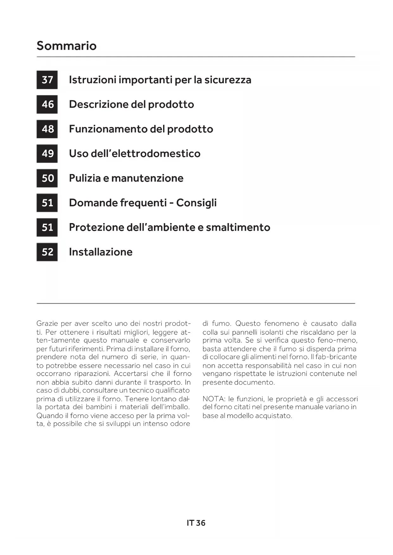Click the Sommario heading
(67, 46)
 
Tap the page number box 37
(47, 80)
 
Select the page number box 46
(47, 104)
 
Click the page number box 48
(47, 129)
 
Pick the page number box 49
(47, 153)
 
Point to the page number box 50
(47, 178)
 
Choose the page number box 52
(47, 252)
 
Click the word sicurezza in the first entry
(228, 80)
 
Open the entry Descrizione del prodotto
(131, 104)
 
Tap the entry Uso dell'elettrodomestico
(135, 153)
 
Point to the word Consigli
(196, 203)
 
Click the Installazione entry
(101, 252)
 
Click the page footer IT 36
(196, 523)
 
